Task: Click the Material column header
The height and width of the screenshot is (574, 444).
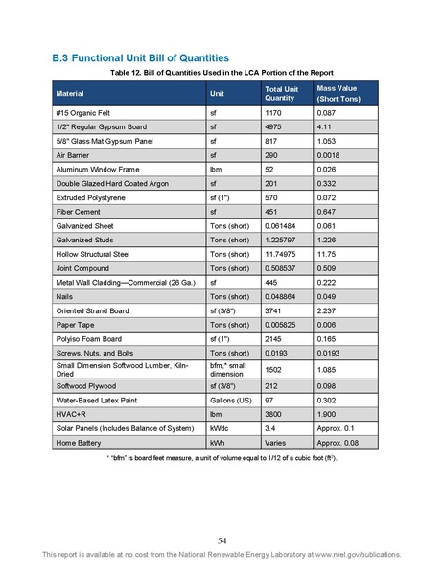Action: point(70,94)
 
